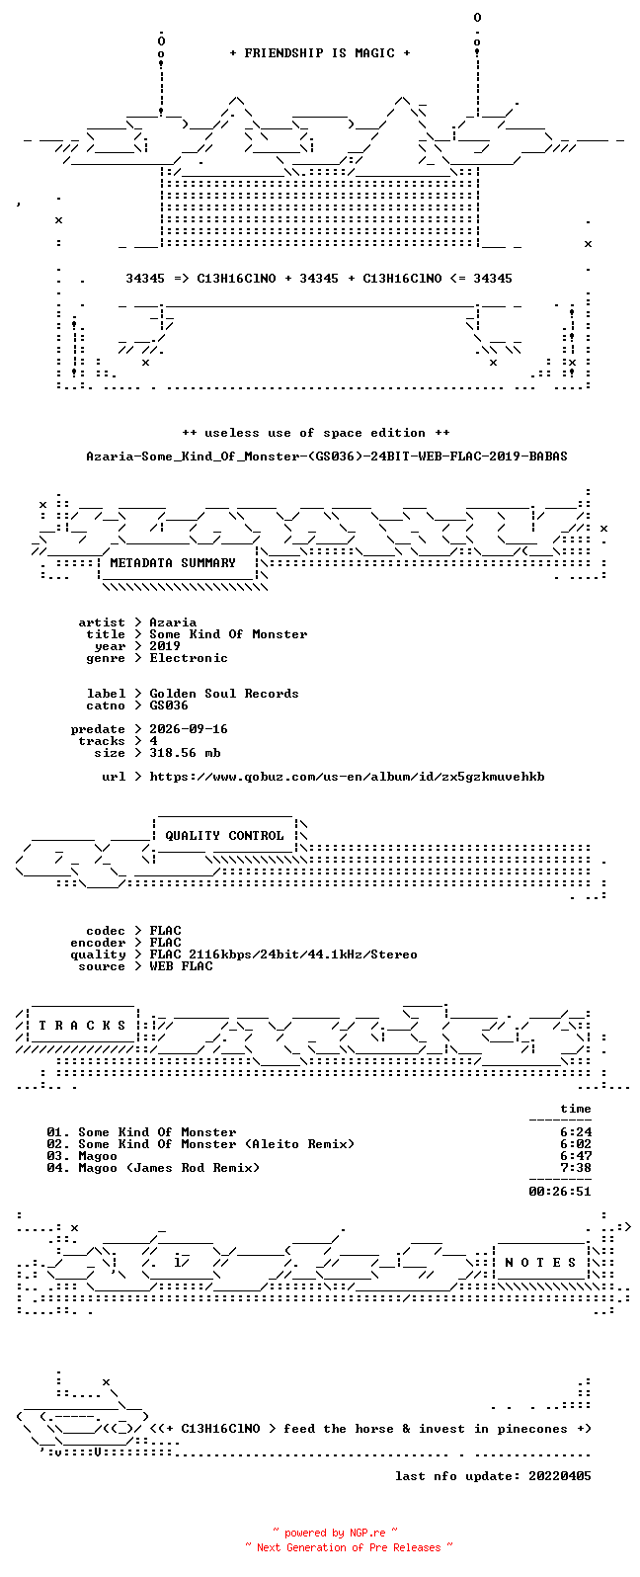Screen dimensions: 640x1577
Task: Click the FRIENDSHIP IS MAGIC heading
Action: [x=320, y=53]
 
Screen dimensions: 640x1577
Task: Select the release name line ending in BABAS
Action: [x=327, y=456]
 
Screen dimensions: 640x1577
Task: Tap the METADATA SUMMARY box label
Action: [x=173, y=563]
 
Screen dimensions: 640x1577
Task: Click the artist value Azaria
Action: [x=173, y=622]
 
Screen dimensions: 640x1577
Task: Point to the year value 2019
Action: [x=165, y=646]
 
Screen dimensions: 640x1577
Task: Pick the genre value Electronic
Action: [x=189, y=658]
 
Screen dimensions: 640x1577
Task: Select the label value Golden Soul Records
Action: [x=224, y=694]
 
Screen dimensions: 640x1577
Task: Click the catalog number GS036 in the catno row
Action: [x=169, y=705]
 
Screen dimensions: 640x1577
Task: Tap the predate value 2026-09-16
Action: [x=189, y=729]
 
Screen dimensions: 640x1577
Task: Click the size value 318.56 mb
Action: [x=185, y=753]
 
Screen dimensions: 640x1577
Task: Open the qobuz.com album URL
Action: [x=347, y=778]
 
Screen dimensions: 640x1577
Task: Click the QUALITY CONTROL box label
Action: [x=224, y=836]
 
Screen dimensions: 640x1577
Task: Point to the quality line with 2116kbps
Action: [x=283, y=954]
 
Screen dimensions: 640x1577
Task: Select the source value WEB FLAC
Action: [x=181, y=966]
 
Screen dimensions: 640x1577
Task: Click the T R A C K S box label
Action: [x=82, y=1026]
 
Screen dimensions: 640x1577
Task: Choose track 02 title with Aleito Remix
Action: [x=216, y=1145]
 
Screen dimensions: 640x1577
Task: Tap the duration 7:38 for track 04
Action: [x=576, y=1168]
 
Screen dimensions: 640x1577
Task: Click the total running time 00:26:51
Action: [x=560, y=1192]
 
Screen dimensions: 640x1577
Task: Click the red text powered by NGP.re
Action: [x=335, y=1533]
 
